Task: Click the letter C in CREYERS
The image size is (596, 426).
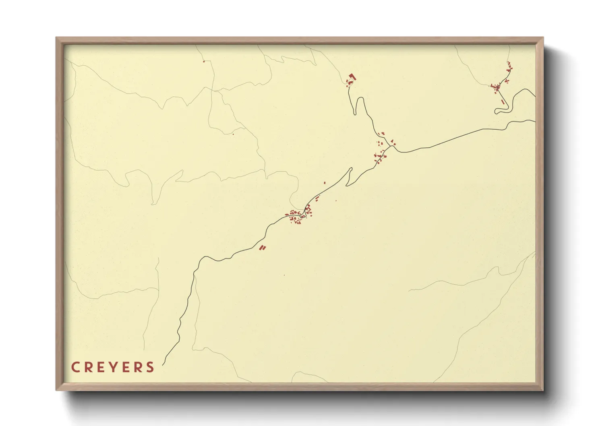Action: pyautogui.click(x=75, y=367)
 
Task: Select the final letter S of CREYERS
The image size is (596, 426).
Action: pyautogui.click(x=151, y=367)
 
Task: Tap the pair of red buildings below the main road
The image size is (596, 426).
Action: pyautogui.click(x=263, y=248)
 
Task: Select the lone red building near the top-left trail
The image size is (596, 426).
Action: pyautogui.click(x=204, y=61)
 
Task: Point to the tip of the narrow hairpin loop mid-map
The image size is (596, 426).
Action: pyautogui.click(x=351, y=169)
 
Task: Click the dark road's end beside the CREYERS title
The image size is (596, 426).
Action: pyautogui.click(x=163, y=365)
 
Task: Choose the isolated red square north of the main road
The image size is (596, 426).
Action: pyautogui.click(x=325, y=183)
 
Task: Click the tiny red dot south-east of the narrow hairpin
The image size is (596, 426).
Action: pyautogui.click(x=336, y=201)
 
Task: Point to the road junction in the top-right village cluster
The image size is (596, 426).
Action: pyautogui.click(x=498, y=87)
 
